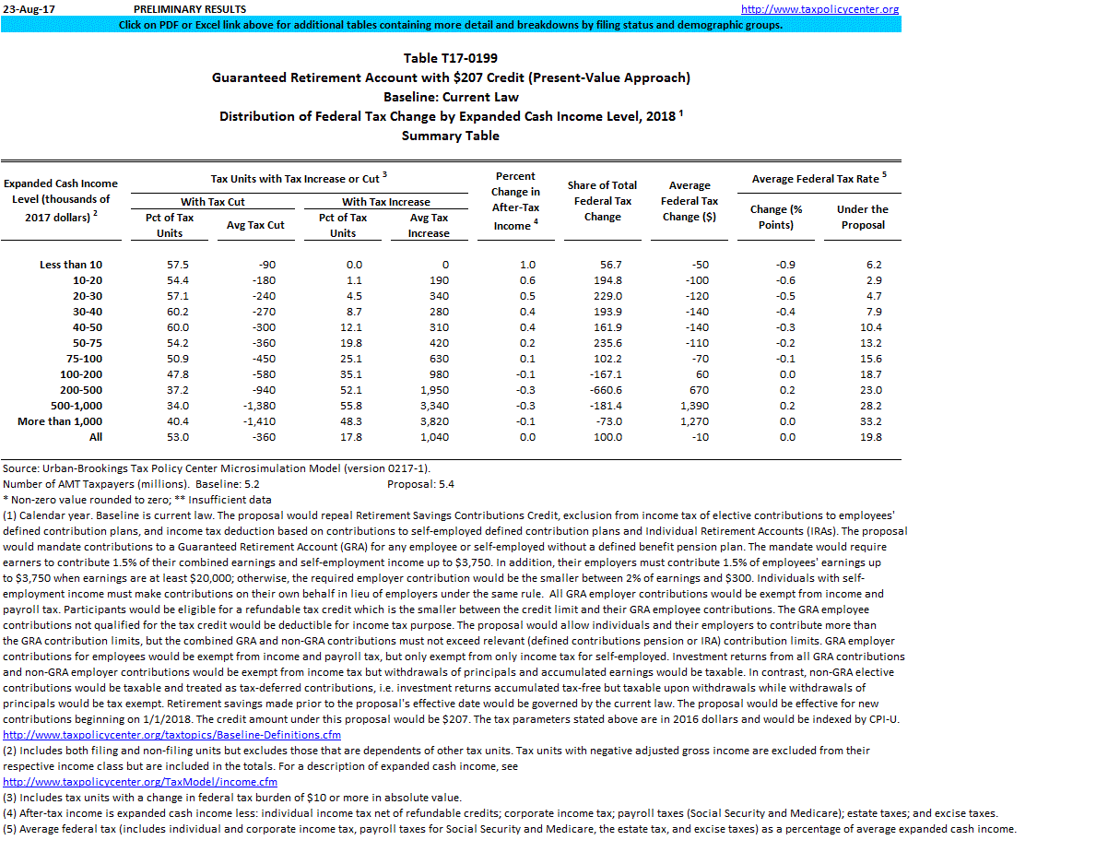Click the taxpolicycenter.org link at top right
click(x=819, y=9)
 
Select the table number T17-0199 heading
click(x=451, y=58)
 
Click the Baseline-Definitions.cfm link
click(x=172, y=735)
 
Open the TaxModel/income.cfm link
click(x=140, y=782)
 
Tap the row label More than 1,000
click(x=59, y=421)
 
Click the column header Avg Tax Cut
click(x=255, y=225)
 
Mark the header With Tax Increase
click(x=386, y=202)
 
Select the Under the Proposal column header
click(x=863, y=217)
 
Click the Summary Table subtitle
click(x=451, y=136)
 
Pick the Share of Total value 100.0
click(x=608, y=437)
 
